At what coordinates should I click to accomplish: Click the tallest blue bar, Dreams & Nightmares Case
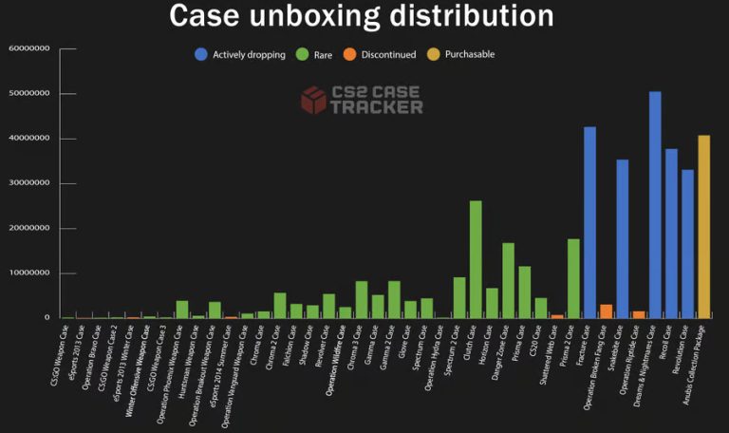(x=655, y=204)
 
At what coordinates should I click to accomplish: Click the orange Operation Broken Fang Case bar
(x=606, y=311)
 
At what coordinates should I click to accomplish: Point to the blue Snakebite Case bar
(x=623, y=237)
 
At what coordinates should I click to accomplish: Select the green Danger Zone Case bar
(x=508, y=280)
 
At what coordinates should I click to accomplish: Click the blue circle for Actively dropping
(x=201, y=54)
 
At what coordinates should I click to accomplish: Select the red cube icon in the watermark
(x=313, y=100)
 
